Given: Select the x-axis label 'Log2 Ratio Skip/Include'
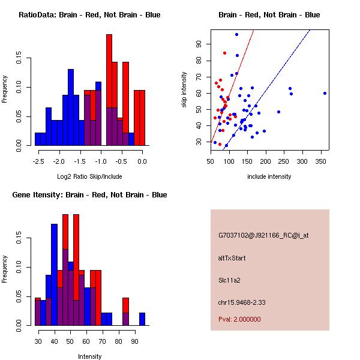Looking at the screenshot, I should pos(89,176).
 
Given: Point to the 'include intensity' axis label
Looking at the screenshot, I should pos(269,176).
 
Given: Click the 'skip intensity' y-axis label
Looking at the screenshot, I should pos(184,90).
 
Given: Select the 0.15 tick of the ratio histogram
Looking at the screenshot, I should pos(19,60).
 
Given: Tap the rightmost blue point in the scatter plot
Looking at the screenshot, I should pos(325,93).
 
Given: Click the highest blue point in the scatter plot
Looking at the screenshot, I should pos(236,35).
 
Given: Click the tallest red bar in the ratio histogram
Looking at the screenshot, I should pos(109,90).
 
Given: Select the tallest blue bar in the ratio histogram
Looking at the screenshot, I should pos(70,108).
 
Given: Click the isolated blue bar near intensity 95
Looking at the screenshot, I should pos(142,319).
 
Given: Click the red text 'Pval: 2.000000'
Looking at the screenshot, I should pos(242,319).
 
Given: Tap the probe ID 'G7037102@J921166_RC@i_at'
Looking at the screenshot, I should pos(263,235).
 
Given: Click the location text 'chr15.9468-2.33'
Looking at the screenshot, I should pos(247,302).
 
